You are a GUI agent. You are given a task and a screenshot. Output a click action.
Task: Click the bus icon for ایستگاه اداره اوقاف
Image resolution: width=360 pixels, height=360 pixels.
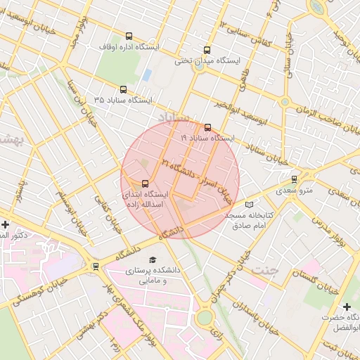pos(129,36)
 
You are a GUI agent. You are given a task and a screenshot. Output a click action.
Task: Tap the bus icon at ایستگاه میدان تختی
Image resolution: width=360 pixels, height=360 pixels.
pos(207,50)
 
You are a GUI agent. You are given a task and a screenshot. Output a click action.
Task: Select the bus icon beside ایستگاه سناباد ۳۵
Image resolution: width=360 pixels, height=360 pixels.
pos(124,89)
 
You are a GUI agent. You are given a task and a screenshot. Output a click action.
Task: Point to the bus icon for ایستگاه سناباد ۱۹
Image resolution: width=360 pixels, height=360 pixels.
pos(207,127)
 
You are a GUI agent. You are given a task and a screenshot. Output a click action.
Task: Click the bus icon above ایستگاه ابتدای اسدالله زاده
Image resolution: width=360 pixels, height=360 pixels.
pos(146,184)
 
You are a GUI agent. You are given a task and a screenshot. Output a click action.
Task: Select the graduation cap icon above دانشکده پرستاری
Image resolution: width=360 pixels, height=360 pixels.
pos(153,259)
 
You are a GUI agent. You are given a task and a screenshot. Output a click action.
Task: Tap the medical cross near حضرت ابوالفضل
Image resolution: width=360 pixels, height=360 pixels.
pos(347,307)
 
